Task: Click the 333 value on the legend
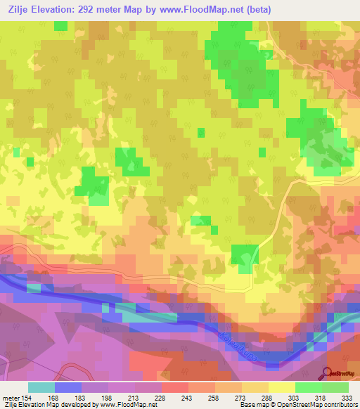(347, 398)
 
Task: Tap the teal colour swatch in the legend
(41, 387)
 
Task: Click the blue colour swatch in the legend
(68, 387)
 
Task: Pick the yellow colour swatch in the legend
(282, 387)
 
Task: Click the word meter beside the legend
(12, 398)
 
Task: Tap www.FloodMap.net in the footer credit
(126, 405)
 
